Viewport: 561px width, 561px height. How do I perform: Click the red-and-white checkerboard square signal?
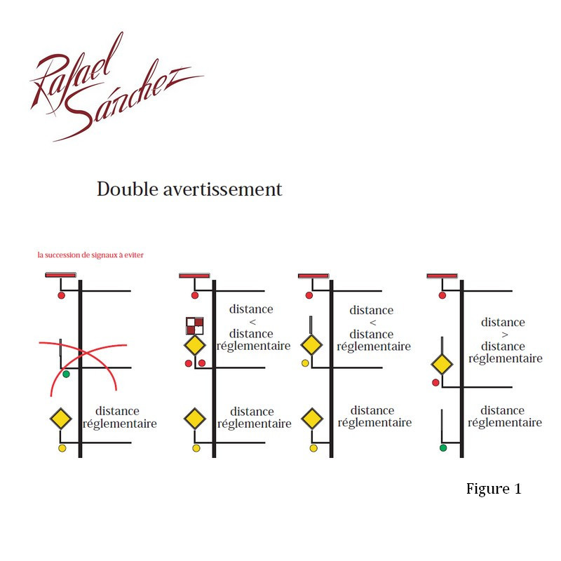click(x=195, y=325)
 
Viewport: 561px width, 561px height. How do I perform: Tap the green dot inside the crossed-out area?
click(x=66, y=374)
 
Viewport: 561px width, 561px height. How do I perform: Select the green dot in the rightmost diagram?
click(x=443, y=447)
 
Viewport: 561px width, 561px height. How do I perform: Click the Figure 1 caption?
click(x=494, y=489)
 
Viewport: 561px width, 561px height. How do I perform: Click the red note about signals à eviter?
click(x=90, y=255)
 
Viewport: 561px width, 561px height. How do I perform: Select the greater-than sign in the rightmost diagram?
click(x=503, y=334)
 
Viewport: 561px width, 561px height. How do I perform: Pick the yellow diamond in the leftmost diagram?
click(x=62, y=419)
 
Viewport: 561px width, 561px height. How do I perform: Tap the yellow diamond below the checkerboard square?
click(x=194, y=346)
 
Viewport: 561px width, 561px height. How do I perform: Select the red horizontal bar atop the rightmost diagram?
click(x=442, y=276)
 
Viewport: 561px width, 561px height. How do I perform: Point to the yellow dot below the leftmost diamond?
click(x=62, y=447)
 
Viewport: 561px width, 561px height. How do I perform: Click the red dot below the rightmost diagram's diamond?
click(x=435, y=382)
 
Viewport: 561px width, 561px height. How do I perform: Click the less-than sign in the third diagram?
click(x=372, y=322)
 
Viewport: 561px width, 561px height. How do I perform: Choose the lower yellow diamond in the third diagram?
click(x=311, y=419)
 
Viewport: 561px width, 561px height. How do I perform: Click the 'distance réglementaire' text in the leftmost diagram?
click(x=119, y=417)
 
